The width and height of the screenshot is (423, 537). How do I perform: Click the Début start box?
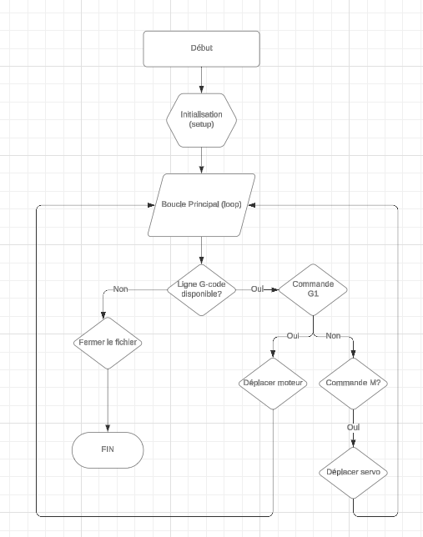[202, 48]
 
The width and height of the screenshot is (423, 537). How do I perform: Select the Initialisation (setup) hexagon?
[202, 118]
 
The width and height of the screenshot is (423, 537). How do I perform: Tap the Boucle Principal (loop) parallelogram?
[202, 205]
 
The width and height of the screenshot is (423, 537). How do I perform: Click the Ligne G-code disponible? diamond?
[202, 289]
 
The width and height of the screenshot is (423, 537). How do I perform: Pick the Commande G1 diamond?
[313, 289]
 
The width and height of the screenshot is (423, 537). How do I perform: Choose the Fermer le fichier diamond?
[108, 343]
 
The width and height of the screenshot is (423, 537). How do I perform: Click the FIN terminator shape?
[108, 449]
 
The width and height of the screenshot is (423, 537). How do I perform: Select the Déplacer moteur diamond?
[274, 384]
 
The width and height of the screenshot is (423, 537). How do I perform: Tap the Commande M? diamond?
[353, 384]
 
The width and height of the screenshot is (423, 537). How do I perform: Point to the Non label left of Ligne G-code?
[121, 289]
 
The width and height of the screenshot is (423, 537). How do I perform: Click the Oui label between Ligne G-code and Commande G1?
[257, 289]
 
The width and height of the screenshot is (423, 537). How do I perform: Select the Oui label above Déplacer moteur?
[293, 336]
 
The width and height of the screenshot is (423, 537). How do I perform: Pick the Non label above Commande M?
[333, 336]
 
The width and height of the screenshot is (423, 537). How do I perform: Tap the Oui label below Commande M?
[353, 428]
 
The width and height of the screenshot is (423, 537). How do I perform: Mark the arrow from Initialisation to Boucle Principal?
[202, 160]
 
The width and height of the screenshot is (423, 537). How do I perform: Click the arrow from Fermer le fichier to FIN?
[108, 400]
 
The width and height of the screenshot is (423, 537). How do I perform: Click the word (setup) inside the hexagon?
[202, 124]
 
